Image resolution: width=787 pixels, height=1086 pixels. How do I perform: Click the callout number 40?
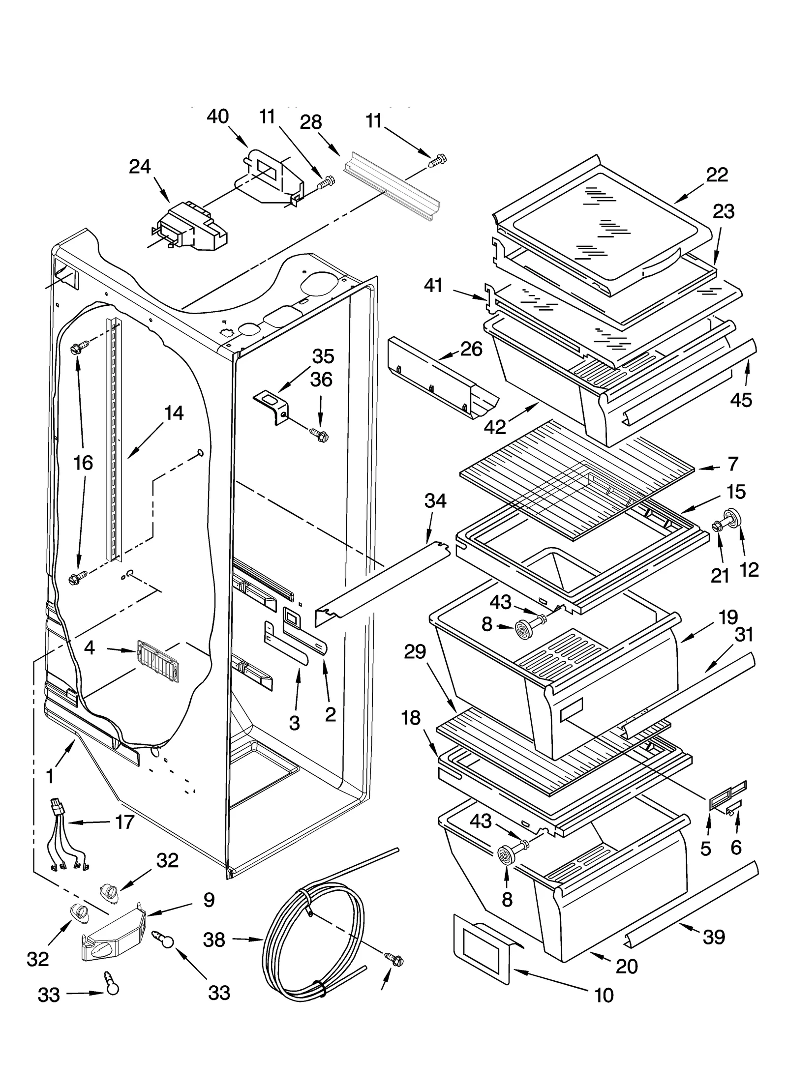tap(217, 117)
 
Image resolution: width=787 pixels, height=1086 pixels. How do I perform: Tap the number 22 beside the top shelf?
tap(717, 175)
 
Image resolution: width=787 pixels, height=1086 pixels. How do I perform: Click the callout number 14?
tap(174, 413)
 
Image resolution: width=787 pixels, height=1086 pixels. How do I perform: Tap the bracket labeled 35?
tap(271, 405)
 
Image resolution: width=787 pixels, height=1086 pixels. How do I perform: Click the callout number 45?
tap(741, 400)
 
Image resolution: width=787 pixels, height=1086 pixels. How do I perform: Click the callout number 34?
tap(435, 501)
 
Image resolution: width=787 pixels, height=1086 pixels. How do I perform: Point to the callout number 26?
tap(471, 349)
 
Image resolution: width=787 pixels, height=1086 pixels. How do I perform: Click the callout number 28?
tap(311, 122)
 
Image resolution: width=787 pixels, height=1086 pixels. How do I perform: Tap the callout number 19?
tap(728, 617)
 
